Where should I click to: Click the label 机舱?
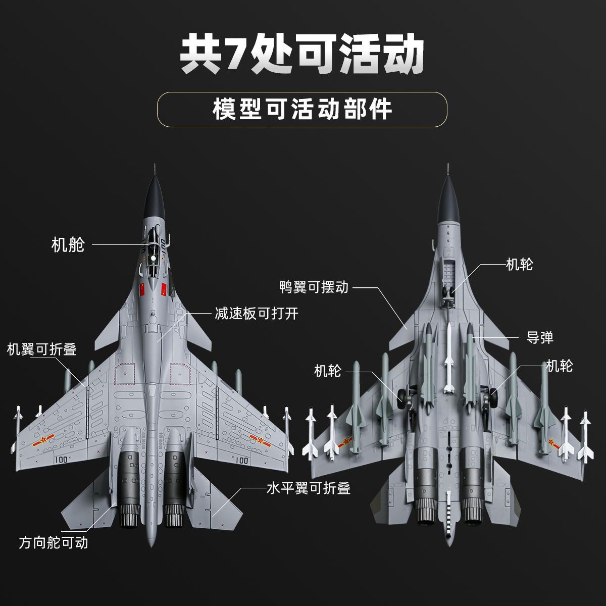(68, 245)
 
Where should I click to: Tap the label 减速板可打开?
(257, 314)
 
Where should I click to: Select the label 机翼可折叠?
(41, 349)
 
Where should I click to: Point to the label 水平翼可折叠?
(308, 488)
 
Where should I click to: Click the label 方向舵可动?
(54, 542)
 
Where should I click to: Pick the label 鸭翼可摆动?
(314, 287)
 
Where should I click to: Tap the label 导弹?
(540, 337)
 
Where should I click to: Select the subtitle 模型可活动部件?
(302, 109)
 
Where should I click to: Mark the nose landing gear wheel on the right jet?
(448, 293)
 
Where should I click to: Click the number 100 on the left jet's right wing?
(241, 460)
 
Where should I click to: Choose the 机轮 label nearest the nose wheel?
(519, 264)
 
